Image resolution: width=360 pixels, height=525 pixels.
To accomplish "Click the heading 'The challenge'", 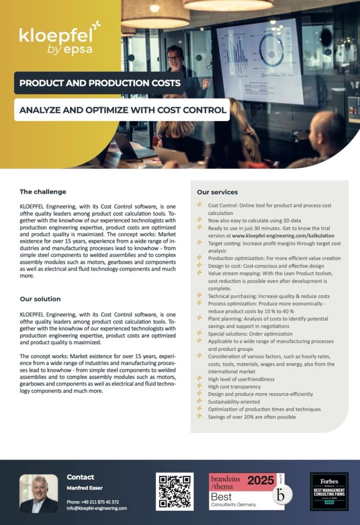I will tap(43, 192).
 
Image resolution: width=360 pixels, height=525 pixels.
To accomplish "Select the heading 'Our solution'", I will tap(40, 298).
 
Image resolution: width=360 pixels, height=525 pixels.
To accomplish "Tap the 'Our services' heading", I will tap(217, 192).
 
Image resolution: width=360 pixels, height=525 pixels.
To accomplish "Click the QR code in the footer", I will tap(175, 491).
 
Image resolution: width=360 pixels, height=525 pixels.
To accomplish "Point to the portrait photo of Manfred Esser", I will tap(39, 494).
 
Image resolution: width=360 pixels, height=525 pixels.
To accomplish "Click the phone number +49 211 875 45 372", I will tap(93, 501).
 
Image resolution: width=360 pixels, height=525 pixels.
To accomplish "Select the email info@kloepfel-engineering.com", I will tap(96, 508).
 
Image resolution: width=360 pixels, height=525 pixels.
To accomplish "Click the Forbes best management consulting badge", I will tap(329, 491).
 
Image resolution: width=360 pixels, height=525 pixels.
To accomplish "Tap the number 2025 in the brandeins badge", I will tap(261, 481).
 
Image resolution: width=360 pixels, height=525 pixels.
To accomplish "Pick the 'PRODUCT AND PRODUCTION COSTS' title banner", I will tap(99, 83).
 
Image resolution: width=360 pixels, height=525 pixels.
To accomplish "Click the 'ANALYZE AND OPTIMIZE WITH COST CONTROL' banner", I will tap(123, 110).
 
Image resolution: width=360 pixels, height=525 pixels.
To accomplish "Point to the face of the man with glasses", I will tap(175, 58).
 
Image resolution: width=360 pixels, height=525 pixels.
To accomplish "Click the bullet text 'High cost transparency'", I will tap(234, 387).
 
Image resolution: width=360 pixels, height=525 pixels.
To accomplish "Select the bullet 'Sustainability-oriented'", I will tap(234, 402).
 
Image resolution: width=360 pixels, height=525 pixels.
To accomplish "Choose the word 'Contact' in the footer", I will tap(81, 477).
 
